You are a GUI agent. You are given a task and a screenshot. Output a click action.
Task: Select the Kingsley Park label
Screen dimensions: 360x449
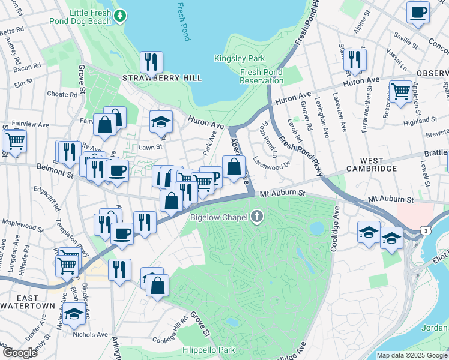click(x=240, y=59)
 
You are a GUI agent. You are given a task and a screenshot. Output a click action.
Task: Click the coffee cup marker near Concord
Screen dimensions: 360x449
click(x=418, y=12)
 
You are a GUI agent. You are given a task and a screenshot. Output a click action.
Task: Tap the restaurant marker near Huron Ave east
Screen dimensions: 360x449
click(x=355, y=59)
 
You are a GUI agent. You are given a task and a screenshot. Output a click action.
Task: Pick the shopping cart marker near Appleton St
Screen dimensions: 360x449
click(x=400, y=92)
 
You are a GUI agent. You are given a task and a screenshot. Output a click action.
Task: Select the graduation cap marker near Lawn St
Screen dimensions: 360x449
click(x=161, y=122)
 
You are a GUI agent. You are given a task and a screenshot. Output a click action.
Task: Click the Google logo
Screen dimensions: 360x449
click(x=20, y=353)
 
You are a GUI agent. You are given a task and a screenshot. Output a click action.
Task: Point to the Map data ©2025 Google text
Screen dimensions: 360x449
click(x=411, y=355)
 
